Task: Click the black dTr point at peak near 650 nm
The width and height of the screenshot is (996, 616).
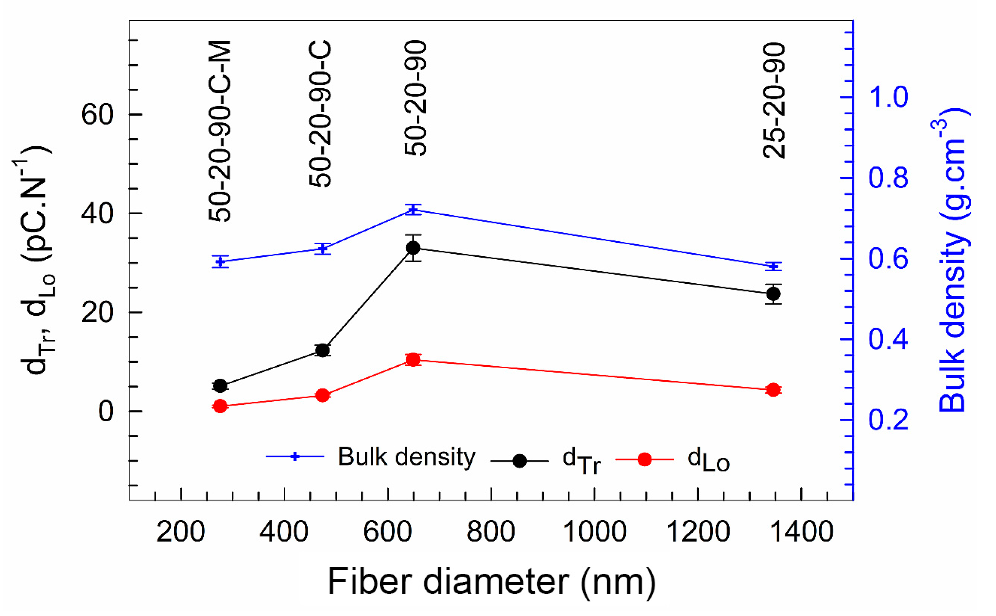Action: (x=413, y=248)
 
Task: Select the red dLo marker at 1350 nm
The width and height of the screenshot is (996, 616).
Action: (x=773, y=390)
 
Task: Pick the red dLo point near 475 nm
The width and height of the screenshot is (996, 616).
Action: (x=323, y=395)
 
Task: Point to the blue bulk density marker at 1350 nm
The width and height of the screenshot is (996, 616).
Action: (x=773, y=267)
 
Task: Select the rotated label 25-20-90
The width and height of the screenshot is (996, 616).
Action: (x=773, y=100)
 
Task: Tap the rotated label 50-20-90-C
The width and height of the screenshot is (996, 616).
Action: (x=321, y=113)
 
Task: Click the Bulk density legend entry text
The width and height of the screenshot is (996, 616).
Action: (x=406, y=457)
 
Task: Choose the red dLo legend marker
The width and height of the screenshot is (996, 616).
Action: (x=644, y=459)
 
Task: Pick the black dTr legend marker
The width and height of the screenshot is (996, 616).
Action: (x=519, y=461)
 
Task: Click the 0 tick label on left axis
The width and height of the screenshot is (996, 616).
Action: (x=106, y=411)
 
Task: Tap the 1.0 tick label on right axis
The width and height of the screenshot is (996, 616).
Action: (x=888, y=97)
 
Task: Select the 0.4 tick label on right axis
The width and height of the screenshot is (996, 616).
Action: (x=888, y=339)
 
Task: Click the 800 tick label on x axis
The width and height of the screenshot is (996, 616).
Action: (x=491, y=532)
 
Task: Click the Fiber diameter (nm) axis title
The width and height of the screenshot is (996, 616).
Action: (x=491, y=582)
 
